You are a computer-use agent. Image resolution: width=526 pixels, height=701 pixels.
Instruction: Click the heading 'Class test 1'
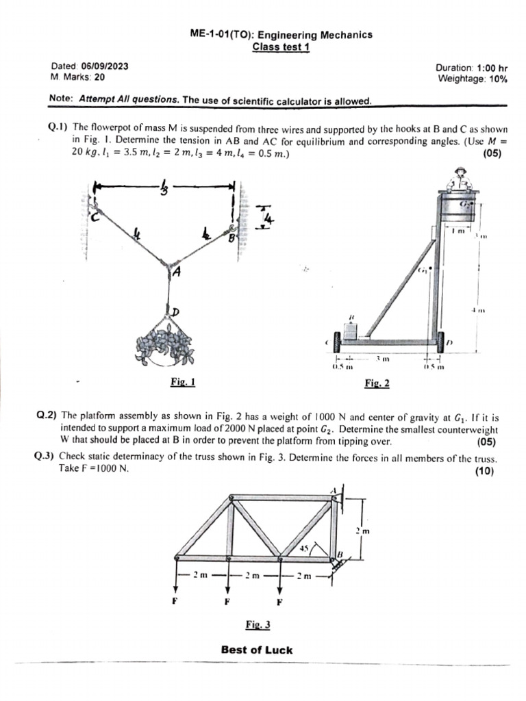(281, 47)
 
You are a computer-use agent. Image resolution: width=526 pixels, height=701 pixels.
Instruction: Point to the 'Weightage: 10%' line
(473, 79)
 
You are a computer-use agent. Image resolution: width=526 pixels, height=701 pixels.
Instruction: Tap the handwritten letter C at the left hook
(97, 217)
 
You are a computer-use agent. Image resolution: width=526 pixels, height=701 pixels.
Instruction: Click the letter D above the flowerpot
(175, 311)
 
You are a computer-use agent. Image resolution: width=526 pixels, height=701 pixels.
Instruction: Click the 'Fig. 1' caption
(183, 383)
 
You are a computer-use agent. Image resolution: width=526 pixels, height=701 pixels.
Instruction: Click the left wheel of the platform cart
(336, 340)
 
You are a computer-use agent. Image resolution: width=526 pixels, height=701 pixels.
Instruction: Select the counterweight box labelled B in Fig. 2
(352, 331)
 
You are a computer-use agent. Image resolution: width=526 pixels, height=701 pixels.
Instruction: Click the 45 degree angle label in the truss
(305, 548)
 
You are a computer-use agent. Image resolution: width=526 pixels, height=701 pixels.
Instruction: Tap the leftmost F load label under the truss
(177, 602)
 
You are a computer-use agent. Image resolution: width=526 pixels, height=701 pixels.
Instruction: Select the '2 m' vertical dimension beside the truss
(362, 531)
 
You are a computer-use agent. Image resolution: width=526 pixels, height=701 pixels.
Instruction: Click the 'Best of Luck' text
(257, 650)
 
